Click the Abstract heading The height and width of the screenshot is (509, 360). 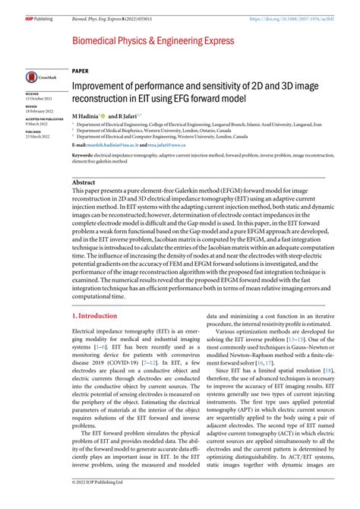[x=83, y=183]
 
